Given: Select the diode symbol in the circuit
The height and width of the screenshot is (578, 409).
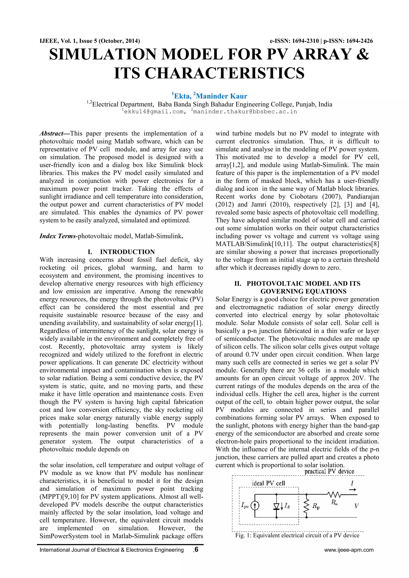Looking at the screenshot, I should [277, 506].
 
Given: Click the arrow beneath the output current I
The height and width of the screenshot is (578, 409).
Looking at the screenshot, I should [353, 490].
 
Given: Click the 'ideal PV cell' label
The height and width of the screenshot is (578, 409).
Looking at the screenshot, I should [268, 483].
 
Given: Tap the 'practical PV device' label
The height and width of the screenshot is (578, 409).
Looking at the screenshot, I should [329, 471].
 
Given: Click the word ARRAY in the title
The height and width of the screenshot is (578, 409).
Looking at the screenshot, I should [322, 54].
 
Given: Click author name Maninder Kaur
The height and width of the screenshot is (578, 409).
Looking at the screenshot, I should [221, 96].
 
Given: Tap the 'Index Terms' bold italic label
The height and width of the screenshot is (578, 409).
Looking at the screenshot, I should [58, 236].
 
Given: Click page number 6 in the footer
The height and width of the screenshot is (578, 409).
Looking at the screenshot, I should [197, 549].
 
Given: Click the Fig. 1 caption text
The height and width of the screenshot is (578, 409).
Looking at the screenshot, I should [297, 535].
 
